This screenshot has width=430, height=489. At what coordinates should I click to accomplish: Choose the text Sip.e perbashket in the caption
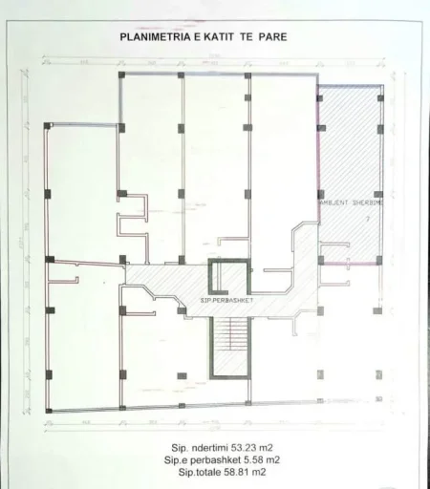tap(198, 458)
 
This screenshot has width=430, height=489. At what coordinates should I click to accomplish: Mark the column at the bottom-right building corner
tap(379, 398)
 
